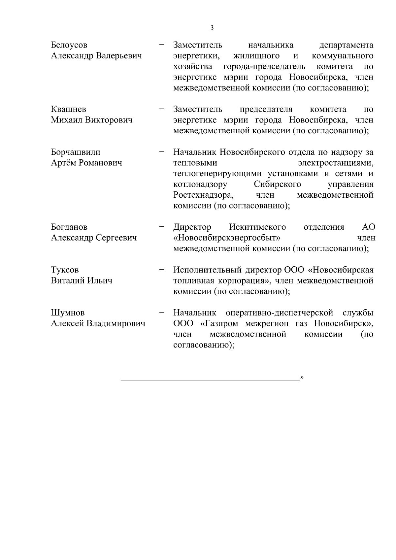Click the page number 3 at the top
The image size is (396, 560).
pyautogui.click(x=212, y=28)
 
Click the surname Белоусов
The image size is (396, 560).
pyautogui.click(x=69, y=45)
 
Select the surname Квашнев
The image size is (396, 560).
pyautogui.click(x=69, y=109)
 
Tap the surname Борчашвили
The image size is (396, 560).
pyautogui.click(x=76, y=152)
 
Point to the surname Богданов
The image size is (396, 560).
pyautogui.click(x=69, y=227)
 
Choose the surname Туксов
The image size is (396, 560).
pyautogui.click(x=65, y=270)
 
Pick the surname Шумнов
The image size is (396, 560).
pyautogui.click(x=68, y=313)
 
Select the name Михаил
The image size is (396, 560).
pyautogui.click(x=67, y=120)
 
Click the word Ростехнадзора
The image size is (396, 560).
pyautogui.click(x=203, y=195)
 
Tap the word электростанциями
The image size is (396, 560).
pyautogui.click(x=336, y=163)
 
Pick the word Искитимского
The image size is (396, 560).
pyautogui.click(x=257, y=227)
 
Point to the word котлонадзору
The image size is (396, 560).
pyautogui.click(x=200, y=184)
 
